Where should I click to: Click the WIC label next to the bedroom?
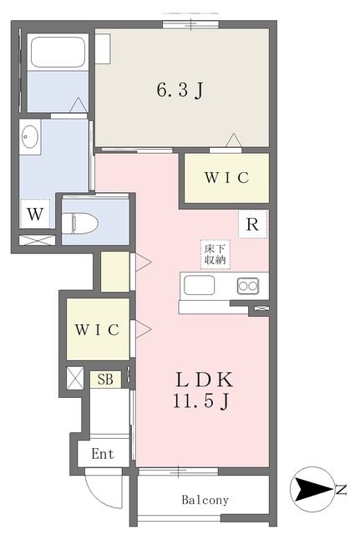[226, 178]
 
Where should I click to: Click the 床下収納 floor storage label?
[213, 254]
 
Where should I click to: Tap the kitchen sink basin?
[199, 286]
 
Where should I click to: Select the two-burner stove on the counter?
[248, 286]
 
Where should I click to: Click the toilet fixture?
[84, 222]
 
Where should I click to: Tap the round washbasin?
[30, 136]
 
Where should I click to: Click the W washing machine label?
[34, 215]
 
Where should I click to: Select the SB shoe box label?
[106, 380]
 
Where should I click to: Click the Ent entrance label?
[103, 454]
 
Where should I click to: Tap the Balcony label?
[205, 500]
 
